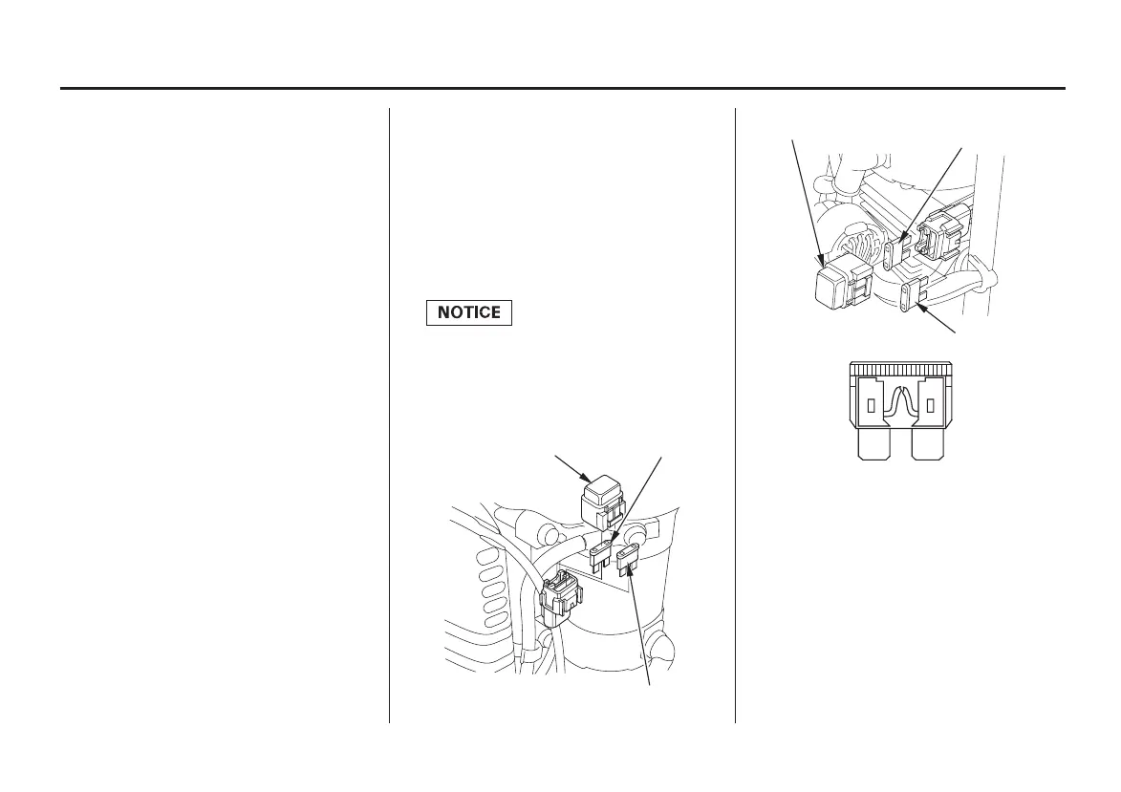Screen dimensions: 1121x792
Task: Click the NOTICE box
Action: (469, 312)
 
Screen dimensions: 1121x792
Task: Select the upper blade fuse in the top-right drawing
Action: (895, 254)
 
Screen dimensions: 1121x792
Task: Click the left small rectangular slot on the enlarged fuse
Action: (871, 406)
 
